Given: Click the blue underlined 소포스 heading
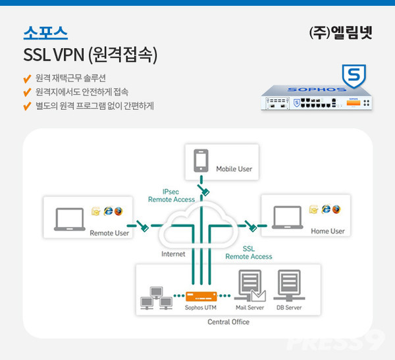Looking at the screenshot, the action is (45, 33).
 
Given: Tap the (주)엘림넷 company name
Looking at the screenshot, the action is (340, 32).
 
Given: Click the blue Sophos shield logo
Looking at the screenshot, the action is (354, 76).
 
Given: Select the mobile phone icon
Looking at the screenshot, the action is (201, 161).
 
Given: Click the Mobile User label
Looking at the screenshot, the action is (234, 168).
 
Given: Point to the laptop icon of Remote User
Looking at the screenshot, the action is (70, 219).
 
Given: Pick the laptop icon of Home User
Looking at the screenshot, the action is (288, 217).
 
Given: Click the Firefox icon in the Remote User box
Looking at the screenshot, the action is (118, 211).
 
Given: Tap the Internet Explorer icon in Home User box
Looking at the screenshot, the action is (326, 209).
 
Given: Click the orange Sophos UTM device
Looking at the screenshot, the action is (201, 296).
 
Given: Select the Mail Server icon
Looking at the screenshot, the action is (250, 286).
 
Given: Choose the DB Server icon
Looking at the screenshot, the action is (289, 286).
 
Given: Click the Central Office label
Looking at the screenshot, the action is (228, 322).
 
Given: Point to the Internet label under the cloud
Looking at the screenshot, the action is (173, 254).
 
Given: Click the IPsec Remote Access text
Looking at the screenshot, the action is (171, 195).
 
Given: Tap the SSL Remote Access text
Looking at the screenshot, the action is (249, 253).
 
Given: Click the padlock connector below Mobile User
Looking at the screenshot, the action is (203, 190).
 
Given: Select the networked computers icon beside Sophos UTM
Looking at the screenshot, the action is (156, 298).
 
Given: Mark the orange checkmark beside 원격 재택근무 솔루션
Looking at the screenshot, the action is (27, 78).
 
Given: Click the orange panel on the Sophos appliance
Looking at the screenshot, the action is (354, 103).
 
